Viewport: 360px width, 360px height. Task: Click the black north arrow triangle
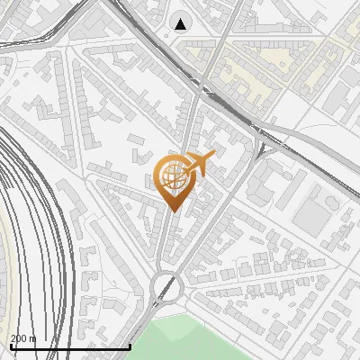click(x=182, y=23)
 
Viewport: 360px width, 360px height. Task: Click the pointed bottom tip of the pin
click(x=173, y=211)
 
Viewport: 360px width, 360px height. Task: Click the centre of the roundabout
click(x=167, y=288)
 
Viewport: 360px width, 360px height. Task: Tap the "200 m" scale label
click(x=22, y=338)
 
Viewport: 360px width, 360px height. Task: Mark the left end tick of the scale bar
click(x=10, y=346)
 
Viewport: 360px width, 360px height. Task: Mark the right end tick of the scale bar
click(x=131, y=346)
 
